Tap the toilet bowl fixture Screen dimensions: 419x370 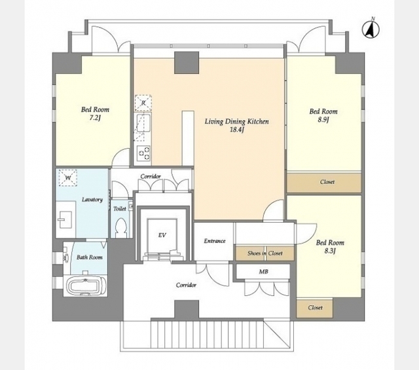pyautogui.click(x=120, y=227)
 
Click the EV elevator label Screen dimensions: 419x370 pyautogui.click(x=162, y=235)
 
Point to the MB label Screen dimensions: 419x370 pyautogui.click(x=263, y=272)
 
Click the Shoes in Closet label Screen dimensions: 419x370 pyautogui.click(x=264, y=253)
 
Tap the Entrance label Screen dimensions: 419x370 pyautogui.click(x=215, y=241)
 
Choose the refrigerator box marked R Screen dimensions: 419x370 pyautogui.click(x=143, y=103)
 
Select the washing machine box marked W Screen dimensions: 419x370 pyautogui.click(x=68, y=177)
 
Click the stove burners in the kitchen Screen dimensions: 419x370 pyautogui.click(x=143, y=153)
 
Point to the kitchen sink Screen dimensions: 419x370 pyautogui.click(x=143, y=123)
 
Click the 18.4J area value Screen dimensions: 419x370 pyautogui.click(x=237, y=130)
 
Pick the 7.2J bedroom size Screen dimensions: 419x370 pyautogui.click(x=95, y=118)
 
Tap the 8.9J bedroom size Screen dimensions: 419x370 pyautogui.click(x=323, y=120)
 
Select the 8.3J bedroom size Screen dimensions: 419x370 pyautogui.click(x=330, y=251)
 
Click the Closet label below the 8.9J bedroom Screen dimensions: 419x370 pyautogui.click(x=327, y=182)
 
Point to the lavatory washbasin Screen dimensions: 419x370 pyautogui.click(x=65, y=220)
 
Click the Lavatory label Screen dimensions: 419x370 pyautogui.click(x=92, y=200)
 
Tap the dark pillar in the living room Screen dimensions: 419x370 pyautogui.click(x=187, y=63)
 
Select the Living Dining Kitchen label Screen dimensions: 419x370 pyautogui.click(x=237, y=122)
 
